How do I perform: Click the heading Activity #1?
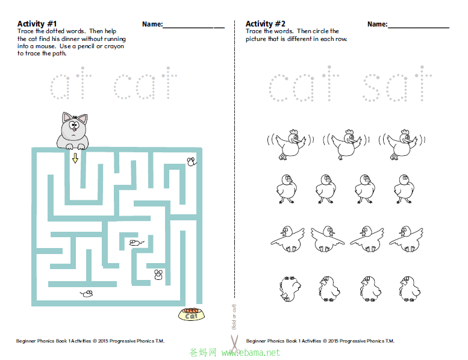click(x=37, y=23)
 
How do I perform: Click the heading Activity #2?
click(x=266, y=23)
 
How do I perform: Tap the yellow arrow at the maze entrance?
click(x=75, y=158)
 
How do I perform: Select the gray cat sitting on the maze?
click(x=73, y=131)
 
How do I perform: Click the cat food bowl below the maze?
click(x=192, y=314)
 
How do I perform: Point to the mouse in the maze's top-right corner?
click(x=192, y=162)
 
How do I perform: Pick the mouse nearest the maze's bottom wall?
click(x=87, y=294)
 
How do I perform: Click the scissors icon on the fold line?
click(x=234, y=343)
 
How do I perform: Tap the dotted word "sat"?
click(x=397, y=84)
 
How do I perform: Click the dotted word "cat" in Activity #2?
click(x=304, y=84)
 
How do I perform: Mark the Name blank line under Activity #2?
click(x=419, y=28)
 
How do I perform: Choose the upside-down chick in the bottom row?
click(x=290, y=288)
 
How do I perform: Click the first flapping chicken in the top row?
click(x=290, y=144)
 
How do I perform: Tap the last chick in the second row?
click(x=404, y=189)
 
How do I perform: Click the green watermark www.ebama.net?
click(x=251, y=353)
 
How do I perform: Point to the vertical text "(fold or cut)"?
click(x=234, y=317)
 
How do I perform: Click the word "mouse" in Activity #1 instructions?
click(x=45, y=46)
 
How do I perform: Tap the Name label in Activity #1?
click(x=152, y=24)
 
